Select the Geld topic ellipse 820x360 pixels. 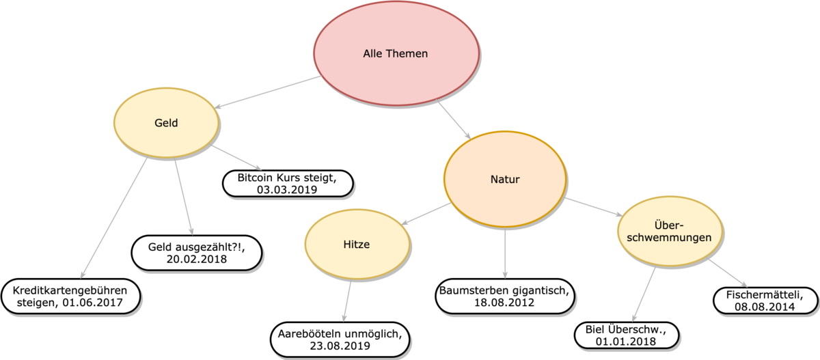click(166, 123)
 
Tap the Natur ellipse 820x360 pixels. click(505, 180)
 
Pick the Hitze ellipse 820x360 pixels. click(357, 245)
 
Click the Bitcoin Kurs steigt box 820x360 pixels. click(287, 184)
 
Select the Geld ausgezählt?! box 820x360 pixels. click(196, 252)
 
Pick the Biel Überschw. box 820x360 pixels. click(627, 335)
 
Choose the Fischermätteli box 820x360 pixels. click(765, 301)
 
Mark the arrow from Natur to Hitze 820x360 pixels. click(428, 214)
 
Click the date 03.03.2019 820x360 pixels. click(287, 190)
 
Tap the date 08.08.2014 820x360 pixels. click(765, 307)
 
